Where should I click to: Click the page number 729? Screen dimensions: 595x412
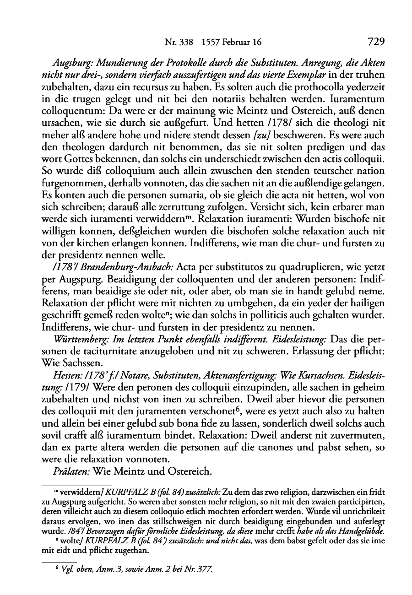click(x=375, y=42)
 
